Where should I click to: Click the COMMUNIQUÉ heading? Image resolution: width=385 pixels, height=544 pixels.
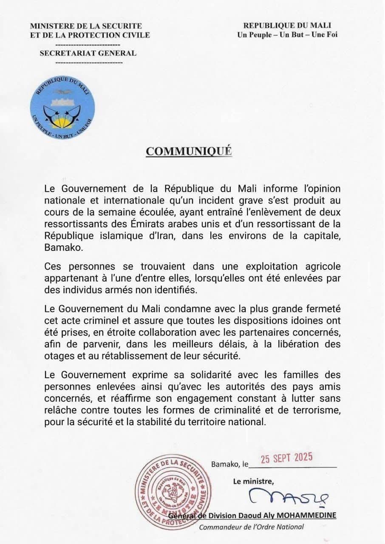pos(189,152)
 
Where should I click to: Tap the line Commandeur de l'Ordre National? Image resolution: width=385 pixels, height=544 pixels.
pos(252,527)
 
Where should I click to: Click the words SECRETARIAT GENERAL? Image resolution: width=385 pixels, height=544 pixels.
pos(88,54)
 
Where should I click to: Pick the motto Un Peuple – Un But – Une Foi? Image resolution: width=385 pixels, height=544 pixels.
pos(287,35)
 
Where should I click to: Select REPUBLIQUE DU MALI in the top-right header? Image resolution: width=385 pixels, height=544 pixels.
pos(287,26)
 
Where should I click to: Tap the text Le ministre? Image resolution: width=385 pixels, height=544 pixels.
pos(253,482)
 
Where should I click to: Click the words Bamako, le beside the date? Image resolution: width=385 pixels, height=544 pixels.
pos(229,464)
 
